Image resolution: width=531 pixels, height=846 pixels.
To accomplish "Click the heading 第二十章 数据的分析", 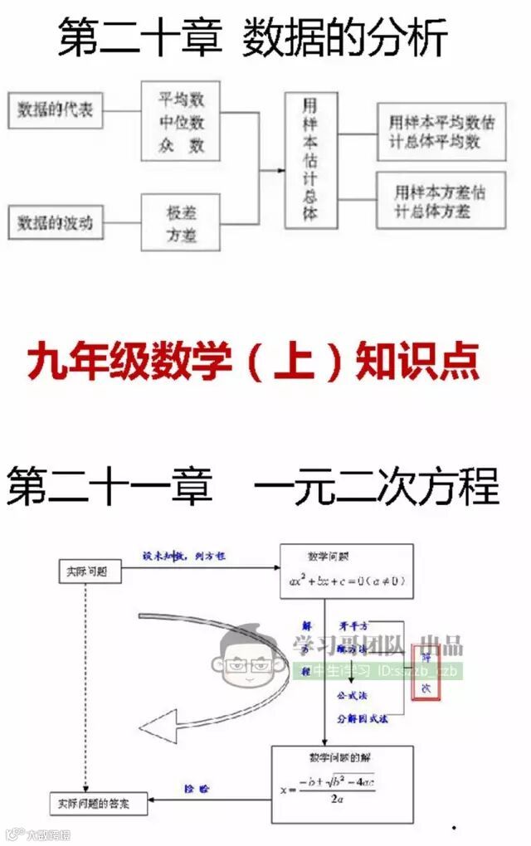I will click(253, 38).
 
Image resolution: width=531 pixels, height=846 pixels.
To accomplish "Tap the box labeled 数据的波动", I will click(55, 221).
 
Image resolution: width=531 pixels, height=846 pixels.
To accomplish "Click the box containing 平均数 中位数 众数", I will click(182, 124).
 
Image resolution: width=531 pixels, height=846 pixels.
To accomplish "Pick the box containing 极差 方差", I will click(181, 222).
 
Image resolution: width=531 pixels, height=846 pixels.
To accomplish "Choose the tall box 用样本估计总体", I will click(310, 160).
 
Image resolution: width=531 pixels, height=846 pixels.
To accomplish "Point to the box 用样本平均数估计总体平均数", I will click(441, 131).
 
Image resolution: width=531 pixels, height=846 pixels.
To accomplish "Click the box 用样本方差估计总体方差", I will click(441, 201).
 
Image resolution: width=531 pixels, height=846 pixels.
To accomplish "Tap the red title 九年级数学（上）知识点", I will click(254, 362).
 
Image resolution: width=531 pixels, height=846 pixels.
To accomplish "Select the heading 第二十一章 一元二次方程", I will click(254, 485).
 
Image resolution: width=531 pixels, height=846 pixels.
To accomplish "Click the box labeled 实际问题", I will click(89, 571).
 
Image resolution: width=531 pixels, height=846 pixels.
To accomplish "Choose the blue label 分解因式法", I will click(362, 718).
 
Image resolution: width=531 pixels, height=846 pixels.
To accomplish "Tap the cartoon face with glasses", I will click(250, 659).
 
